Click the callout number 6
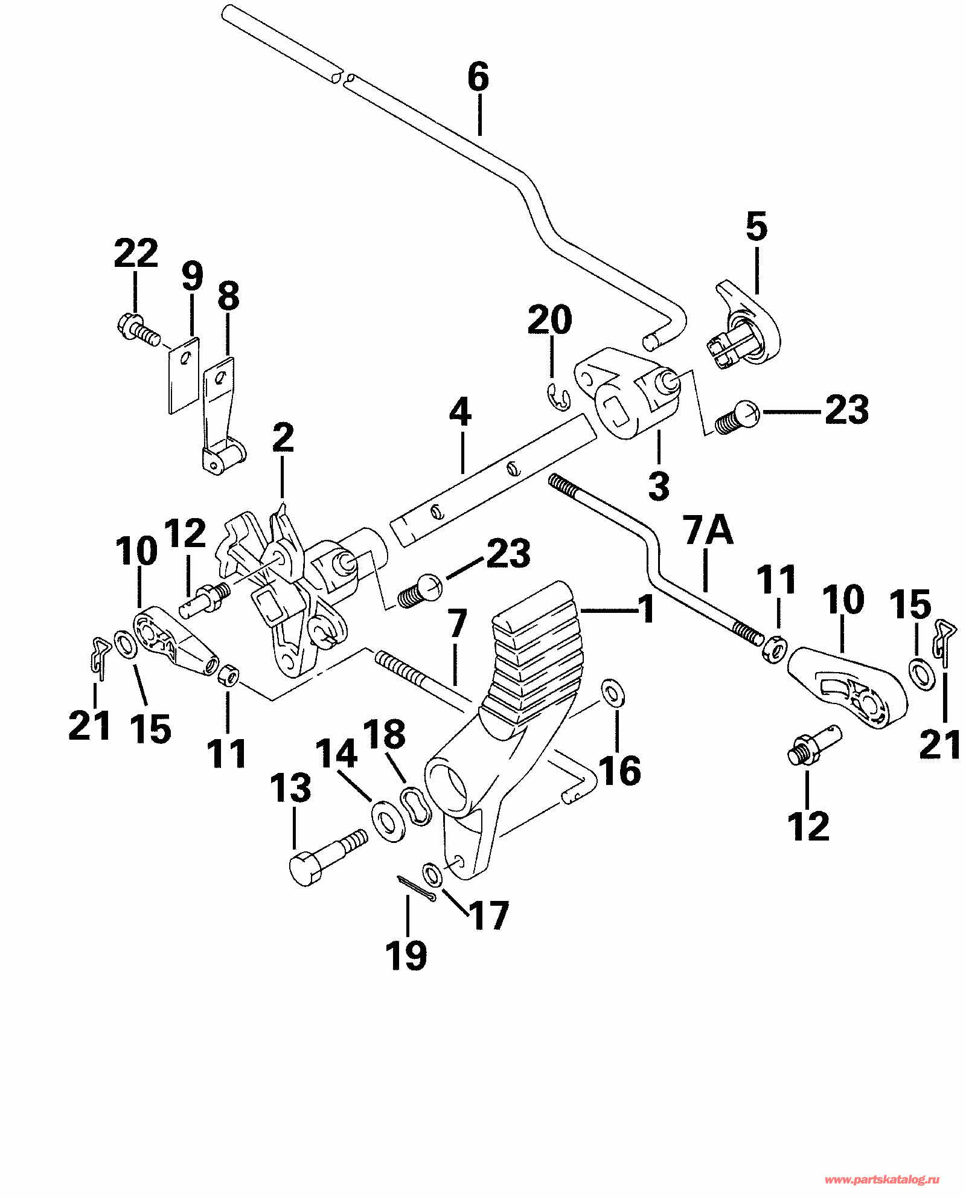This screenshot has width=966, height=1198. [x=478, y=78]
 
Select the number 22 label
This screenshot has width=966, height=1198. [x=136, y=253]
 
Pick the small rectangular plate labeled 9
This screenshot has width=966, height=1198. [x=184, y=375]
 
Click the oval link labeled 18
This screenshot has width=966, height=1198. [x=416, y=806]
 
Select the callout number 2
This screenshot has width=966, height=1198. [x=283, y=439]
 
